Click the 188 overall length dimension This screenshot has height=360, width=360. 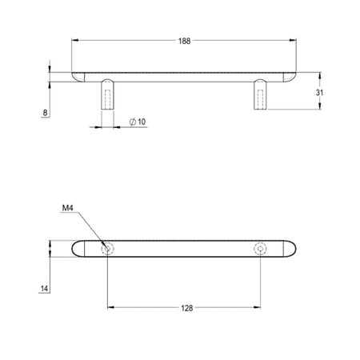click(184, 41)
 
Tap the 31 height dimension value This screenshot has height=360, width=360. click(319, 93)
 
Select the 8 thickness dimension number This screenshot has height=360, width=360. click(45, 113)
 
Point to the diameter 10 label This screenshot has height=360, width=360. click(138, 122)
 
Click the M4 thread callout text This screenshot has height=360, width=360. click(67, 208)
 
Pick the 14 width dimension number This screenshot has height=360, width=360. click(44, 289)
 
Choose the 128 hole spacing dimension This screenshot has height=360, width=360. click(187, 308)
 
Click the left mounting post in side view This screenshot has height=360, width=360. click(108, 94)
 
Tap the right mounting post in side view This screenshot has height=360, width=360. click(260, 94)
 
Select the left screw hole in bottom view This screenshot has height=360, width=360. click(107, 249)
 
